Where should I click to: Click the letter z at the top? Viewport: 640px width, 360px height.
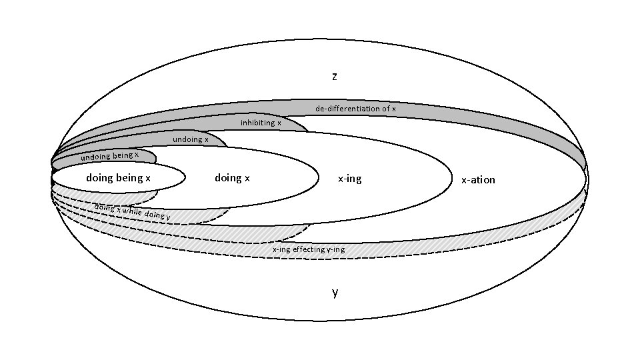[x=335, y=76]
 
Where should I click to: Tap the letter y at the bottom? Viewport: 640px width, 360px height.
[x=335, y=292]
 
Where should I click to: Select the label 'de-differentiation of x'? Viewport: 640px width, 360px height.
[x=355, y=109]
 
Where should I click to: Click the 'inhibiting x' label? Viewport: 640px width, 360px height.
[x=261, y=123]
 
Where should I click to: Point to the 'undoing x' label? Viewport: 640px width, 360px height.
[x=191, y=139]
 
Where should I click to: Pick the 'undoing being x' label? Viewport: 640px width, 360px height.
[x=110, y=157]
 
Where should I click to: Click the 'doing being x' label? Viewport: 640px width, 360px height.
[x=119, y=178]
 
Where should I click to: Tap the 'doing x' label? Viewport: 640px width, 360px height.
[x=232, y=178]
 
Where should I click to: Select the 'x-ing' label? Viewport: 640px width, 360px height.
[x=349, y=179]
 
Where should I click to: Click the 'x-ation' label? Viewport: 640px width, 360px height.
[x=478, y=180]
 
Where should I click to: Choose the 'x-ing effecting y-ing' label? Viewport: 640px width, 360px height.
[x=309, y=249]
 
